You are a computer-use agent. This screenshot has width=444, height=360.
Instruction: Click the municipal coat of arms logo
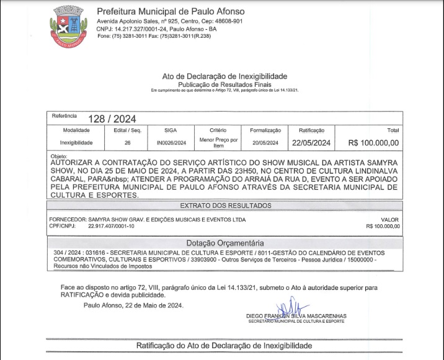click(69, 27)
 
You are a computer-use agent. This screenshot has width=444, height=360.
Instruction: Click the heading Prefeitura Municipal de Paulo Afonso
click(171, 11)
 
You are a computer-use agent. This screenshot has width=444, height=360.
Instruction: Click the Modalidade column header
click(76, 131)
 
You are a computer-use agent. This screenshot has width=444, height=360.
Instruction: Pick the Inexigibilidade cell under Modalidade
click(76, 143)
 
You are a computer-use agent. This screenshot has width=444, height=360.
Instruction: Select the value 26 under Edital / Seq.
click(128, 143)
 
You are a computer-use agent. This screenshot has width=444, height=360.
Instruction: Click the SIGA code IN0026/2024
click(171, 143)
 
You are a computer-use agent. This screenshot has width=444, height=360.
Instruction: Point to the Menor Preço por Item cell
click(218, 143)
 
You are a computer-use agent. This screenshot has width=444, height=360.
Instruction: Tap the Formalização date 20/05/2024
click(265, 143)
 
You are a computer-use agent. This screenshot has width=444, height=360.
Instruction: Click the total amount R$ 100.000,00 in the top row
click(374, 143)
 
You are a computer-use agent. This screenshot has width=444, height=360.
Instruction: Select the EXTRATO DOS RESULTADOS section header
click(226, 205)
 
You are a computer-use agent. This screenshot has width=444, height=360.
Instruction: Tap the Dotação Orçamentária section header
click(225, 243)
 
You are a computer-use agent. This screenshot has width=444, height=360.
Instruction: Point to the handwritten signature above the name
click(293, 307)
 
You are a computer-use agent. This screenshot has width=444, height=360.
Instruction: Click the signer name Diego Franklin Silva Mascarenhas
click(296, 316)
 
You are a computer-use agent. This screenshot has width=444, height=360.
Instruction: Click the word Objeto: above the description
click(58, 156)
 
